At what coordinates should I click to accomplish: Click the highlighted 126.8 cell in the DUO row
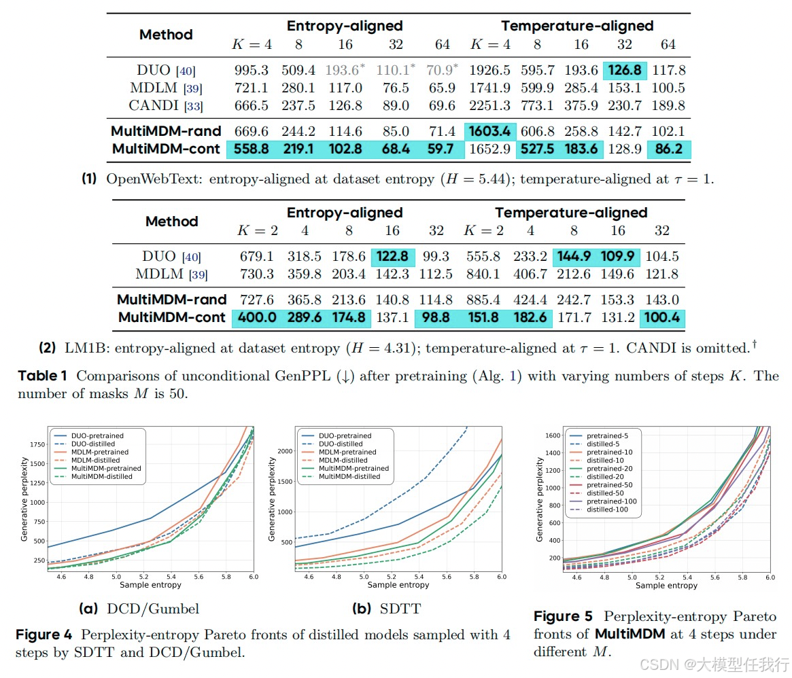click(x=625, y=70)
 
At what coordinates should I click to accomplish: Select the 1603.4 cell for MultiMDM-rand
click(x=489, y=131)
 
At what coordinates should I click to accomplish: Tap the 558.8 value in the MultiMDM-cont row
click(x=251, y=149)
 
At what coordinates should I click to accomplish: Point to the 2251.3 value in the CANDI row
click(x=489, y=105)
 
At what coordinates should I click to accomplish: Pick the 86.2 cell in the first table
click(x=669, y=149)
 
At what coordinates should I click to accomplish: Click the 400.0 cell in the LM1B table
click(x=257, y=317)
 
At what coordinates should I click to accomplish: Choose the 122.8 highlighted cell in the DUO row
click(x=392, y=257)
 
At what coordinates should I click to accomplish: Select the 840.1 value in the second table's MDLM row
click(x=483, y=274)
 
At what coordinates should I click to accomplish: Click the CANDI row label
click(x=154, y=105)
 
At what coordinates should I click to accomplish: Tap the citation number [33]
click(x=194, y=107)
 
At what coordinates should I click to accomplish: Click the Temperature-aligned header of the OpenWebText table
click(x=577, y=26)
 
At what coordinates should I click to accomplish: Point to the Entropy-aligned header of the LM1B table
click(x=345, y=213)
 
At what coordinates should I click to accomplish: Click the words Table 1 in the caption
click(x=42, y=376)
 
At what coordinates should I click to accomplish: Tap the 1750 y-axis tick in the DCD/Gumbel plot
click(x=37, y=445)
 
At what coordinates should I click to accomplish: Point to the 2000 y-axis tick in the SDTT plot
click(x=286, y=451)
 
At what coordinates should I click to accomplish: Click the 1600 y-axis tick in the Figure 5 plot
click(x=553, y=435)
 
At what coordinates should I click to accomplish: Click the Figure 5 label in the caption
click(x=563, y=616)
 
